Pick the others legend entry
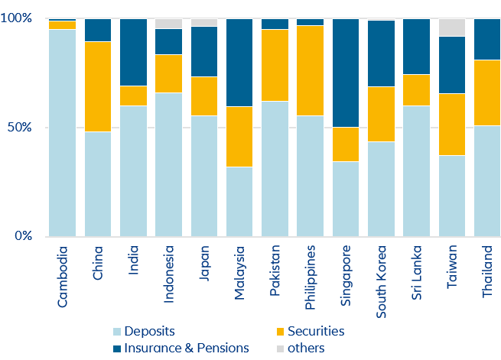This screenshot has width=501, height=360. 298,348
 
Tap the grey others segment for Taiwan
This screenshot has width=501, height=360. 451,27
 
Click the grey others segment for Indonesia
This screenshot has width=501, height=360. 168,24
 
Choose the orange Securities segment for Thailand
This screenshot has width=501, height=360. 486,92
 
